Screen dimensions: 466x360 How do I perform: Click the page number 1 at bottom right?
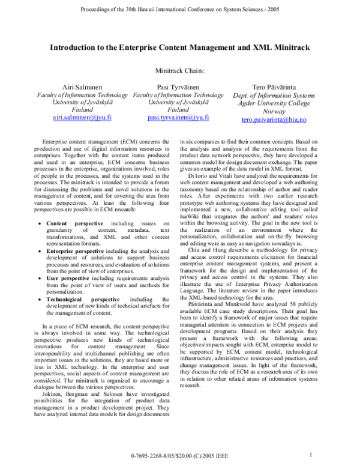click(311, 455)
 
